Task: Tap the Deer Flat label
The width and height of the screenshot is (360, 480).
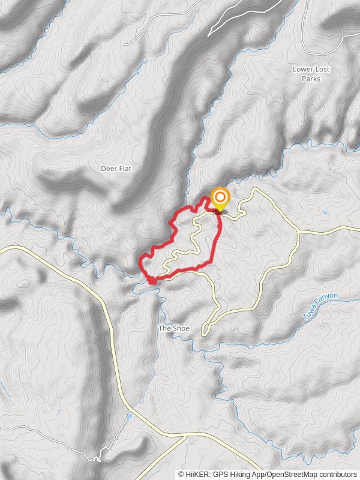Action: click(116, 169)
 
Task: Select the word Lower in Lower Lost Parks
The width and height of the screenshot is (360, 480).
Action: click(303, 69)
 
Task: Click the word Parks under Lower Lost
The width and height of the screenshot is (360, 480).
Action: click(311, 79)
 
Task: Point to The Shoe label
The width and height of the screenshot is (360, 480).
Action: click(173, 328)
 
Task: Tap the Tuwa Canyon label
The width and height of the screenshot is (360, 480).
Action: click(320, 306)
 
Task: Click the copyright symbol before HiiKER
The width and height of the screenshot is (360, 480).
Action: click(181, 475)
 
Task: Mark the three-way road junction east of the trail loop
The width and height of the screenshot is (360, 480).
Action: click(298, 231)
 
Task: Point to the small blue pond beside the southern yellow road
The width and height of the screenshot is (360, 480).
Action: click(130, 415)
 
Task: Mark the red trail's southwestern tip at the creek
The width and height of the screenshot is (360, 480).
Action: click(151, 280)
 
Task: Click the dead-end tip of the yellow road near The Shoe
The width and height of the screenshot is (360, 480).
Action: click(204, 332)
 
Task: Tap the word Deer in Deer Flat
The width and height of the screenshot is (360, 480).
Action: click(108, 169)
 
